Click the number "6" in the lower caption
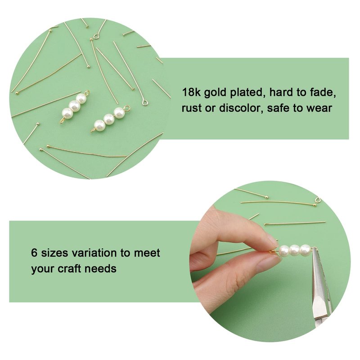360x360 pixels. [x=34, y=253]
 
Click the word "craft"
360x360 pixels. [x=69, y=268]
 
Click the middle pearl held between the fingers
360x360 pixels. [x=295, y=249]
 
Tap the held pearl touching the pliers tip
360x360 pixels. [x=305, y=249]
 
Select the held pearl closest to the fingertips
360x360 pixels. [x=284, y=250]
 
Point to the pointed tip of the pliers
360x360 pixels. [x=313, y=249]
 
